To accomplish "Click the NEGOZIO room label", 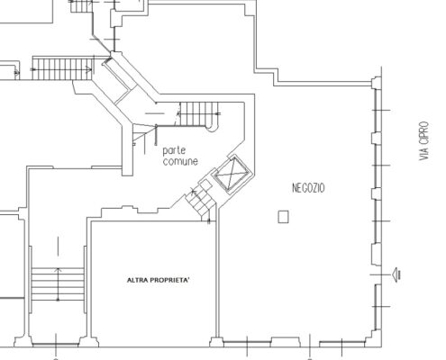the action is coord(308,188).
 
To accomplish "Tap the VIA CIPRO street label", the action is coord(423,140).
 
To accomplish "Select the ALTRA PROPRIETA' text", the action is coord(159,280).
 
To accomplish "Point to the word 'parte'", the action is coord(174,150).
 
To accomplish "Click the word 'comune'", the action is coord(180,161).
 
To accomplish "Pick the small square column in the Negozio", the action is coord(283,217).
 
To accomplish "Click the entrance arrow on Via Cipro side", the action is coord(396,274).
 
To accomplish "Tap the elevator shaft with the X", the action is coord(232,175).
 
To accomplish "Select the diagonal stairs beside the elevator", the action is coord(200,202).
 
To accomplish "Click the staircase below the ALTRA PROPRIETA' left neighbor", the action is coord(58,284).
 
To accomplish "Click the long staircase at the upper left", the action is coord(62,69).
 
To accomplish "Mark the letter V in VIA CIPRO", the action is coord(423,157).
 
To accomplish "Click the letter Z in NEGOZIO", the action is coord(313,188).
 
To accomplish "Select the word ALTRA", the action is coord(137,280).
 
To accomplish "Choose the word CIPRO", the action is coord(423,131).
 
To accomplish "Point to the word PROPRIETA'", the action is coord(169,280).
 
